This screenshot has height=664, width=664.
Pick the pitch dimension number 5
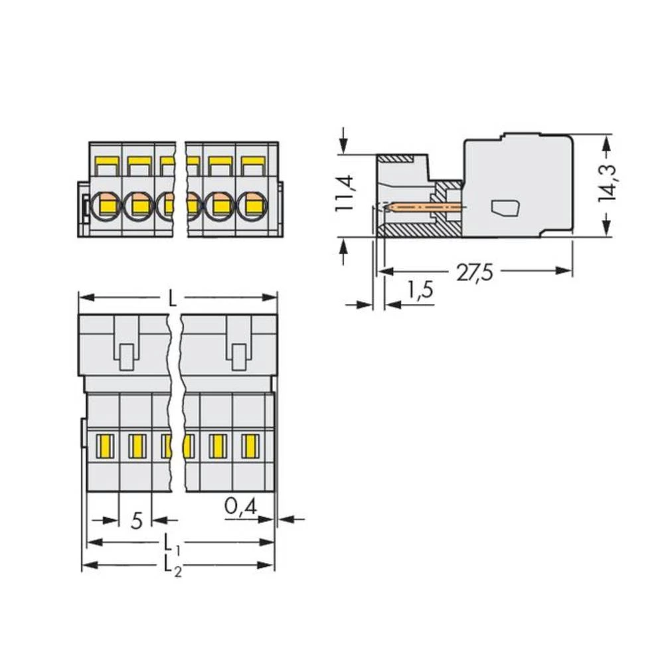(x=137, y=521)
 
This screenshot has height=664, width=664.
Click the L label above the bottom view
(x=173, y=298)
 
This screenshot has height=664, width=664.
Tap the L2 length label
(x=172, y=566)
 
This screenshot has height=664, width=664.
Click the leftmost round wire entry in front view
(x=106, y=206)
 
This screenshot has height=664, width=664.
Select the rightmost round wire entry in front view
(x=252, y=206)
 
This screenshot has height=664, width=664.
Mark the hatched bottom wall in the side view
(x=418, y=230)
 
